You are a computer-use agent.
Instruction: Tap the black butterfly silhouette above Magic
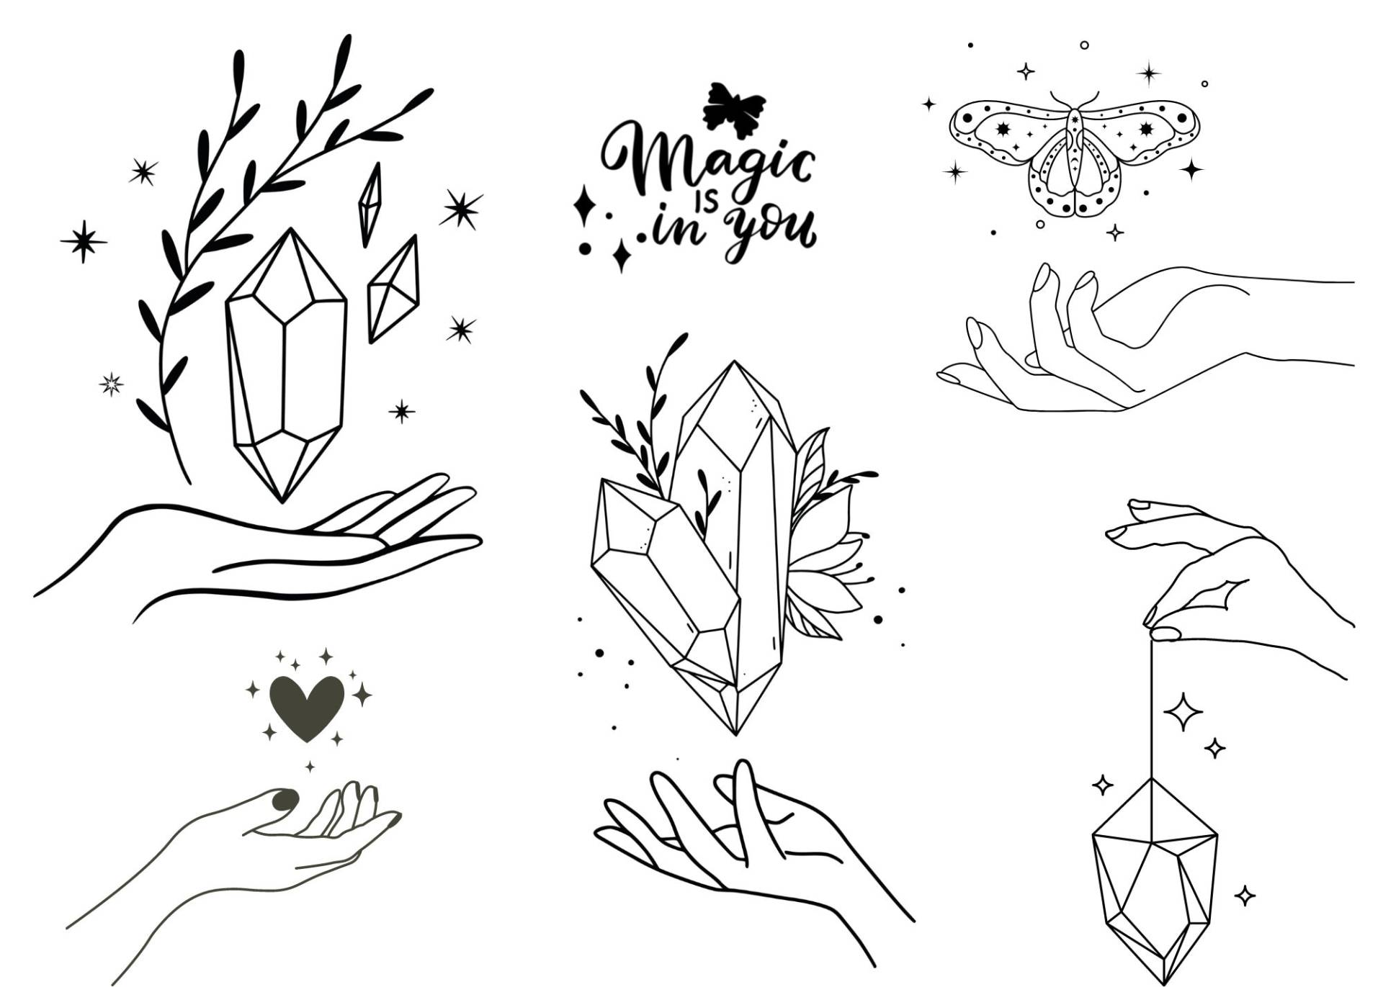pos(733,109)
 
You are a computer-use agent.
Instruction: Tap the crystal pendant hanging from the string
pos(1154,879)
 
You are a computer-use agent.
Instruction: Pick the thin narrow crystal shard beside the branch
pos(370,204)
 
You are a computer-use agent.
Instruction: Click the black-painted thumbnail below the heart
pos(285,798)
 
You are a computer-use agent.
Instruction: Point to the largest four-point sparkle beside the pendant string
pos(1183,711)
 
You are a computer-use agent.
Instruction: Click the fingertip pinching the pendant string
pos(1165,634)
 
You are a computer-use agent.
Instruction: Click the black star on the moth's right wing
pos(1145,129)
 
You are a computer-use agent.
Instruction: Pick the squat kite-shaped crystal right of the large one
pos(393,289)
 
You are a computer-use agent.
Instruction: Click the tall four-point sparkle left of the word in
pos(584,207)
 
